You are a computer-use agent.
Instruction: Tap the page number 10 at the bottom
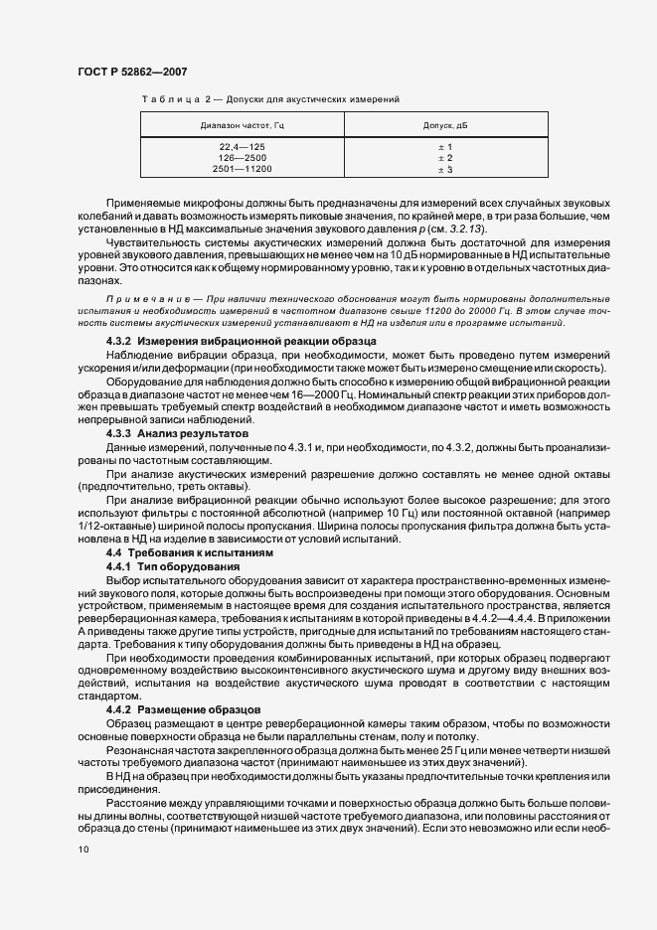[x=81, y=850]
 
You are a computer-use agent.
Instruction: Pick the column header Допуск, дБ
[x=445, y=125]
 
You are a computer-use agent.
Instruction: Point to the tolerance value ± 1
[x=445, y=146]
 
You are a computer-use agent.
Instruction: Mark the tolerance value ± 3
[x=445, y=170]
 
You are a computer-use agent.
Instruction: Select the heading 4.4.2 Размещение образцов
[x=183, y=709]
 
